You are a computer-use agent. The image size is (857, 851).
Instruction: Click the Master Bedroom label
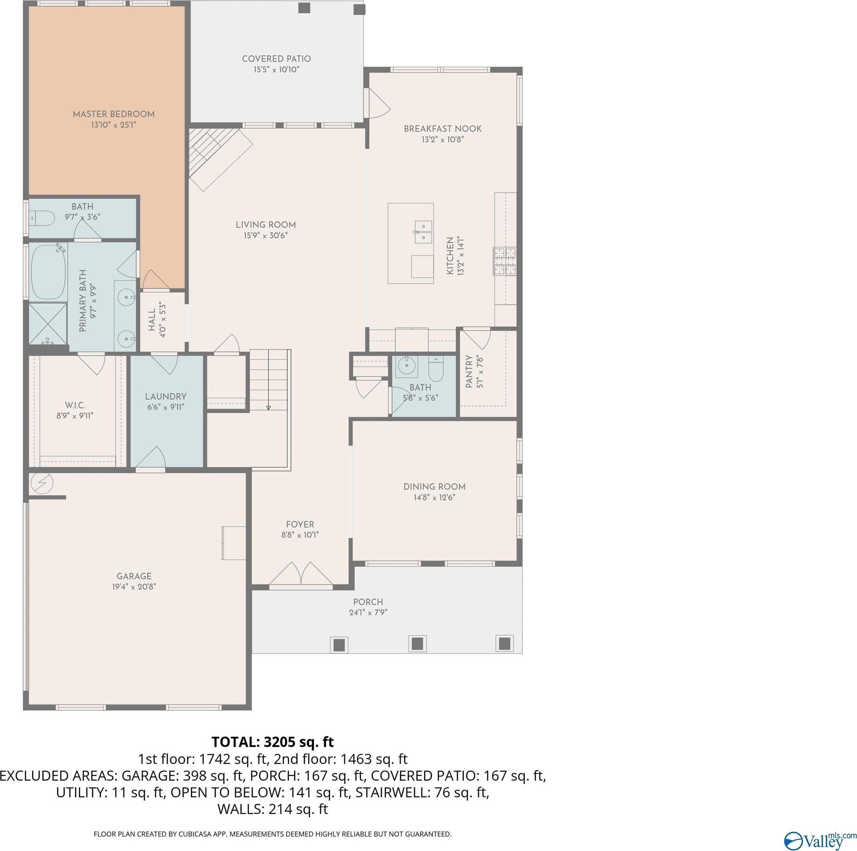pyautogui.click(x=114, y=114)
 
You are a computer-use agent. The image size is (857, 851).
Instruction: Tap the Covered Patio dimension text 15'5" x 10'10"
pyautogui.click(x=277, y=70)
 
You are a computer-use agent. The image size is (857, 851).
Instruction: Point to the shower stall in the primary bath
pyautogui.click(x=48, y=324)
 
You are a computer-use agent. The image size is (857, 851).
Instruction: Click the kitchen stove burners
pyautogui.click(x=505, y=261)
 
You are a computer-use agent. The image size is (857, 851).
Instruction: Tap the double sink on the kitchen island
pyautogui.click(x=424, y=232)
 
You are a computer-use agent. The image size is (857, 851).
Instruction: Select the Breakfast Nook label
pyautogui.click(x=443, y=129)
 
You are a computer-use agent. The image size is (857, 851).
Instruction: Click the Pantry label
pyautogui.click(x=469, y=372)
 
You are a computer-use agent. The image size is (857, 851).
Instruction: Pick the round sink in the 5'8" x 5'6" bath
pyautogui.click(x=407, y=367)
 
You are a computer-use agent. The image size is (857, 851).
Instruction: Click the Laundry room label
pyautogui.click(x=166, y=396)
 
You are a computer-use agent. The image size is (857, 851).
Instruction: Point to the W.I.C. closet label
pyautogui.click(x=75, y=405)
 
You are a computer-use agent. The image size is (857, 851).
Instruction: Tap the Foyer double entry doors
pyautogui.click(x=301, y=574)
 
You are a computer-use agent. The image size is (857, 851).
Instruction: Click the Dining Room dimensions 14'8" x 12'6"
pyautogui.click(x=435, y=498)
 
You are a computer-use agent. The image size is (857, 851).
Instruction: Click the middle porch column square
pyautogui.click(x=417, y=643)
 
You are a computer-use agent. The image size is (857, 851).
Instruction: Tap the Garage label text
pyautogui.click(x=134, y=576)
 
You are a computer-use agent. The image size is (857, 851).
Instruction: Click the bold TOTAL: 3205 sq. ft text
pyautogui.click(x=272, y=742)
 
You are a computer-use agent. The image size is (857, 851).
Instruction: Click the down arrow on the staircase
pyautogui.click(x=269, y=407)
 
